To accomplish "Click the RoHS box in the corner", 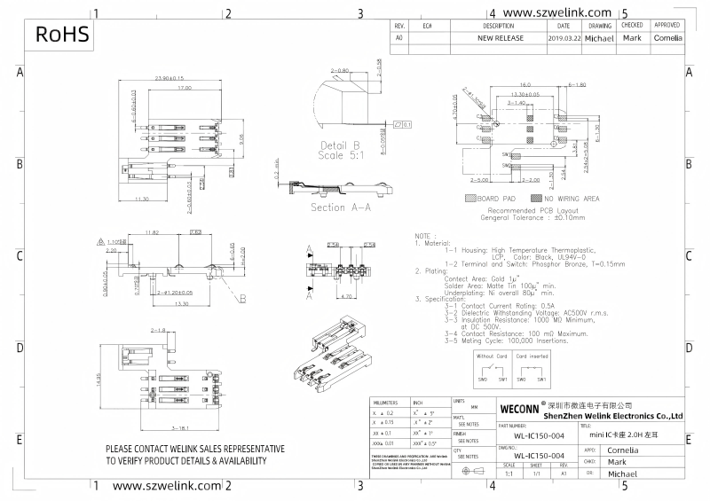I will pyautogui.click(x=62, y=35).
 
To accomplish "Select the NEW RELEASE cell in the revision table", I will pyautogui.click(x=501, y=39).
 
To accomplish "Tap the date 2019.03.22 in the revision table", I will pyautogui.click(x=564, y=39).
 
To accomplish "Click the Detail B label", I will pyautogui.click(x=339, y=145).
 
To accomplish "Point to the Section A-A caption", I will pyautogui.click(x=339, y=207).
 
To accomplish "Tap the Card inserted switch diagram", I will pyautogui.click(x=532, y=368).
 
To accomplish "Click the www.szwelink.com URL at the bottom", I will pyautogui.click(x=166, y=486).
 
